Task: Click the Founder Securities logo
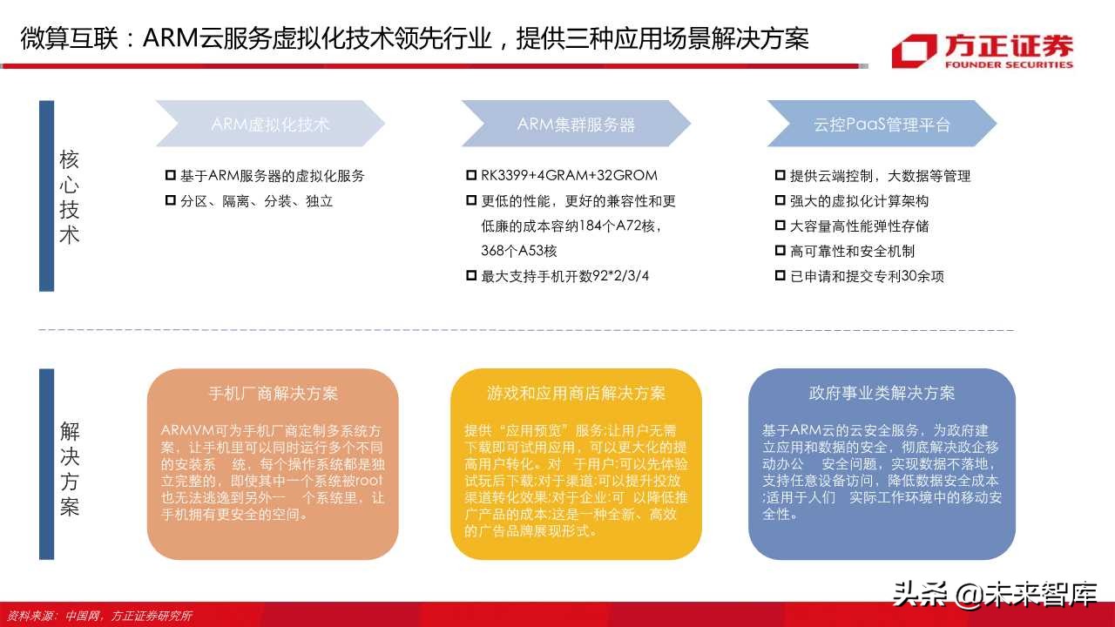pos(982,51)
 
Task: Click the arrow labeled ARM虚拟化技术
pos(270,124)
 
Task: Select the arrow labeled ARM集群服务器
pos(576,124)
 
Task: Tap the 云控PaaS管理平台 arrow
pos(882,124)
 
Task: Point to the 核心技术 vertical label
pos(69,196)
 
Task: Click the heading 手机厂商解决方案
pos(273,393)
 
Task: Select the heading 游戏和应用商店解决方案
pos(576,393)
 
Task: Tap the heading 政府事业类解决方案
pos(882,393)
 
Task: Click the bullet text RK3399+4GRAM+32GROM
pos(569,176)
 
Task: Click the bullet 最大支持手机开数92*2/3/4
pos(565,277)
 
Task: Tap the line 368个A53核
pos(519,252)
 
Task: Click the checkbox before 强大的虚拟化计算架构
pos(780,201)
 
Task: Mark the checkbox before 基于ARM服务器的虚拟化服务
pos(171,176)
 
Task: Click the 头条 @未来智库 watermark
pos(994,594)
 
